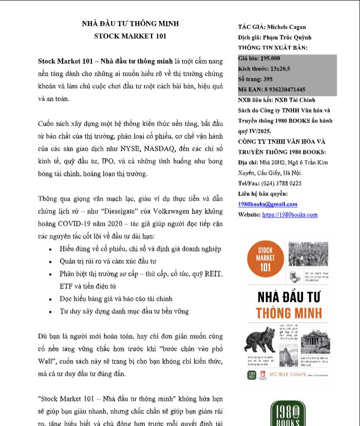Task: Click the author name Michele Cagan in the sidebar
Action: click(287, 27)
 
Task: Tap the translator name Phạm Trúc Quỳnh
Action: click(288, 37)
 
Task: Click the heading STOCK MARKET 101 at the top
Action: click(130, 36)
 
